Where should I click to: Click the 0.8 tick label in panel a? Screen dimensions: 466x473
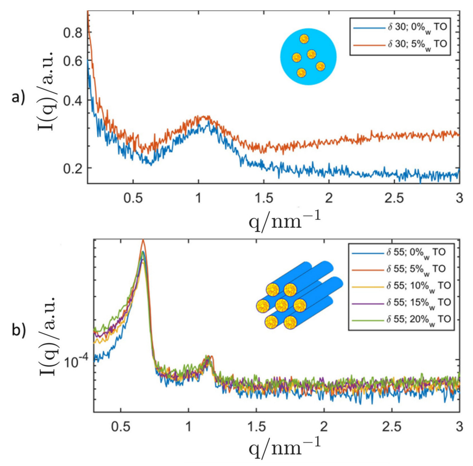tap(73, 33)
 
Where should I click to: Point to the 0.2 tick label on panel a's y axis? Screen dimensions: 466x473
tap(73, 168)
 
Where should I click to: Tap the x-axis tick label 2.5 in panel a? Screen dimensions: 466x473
tap(394, 198)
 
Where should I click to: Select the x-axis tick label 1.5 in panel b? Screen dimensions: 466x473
tap(257, 427)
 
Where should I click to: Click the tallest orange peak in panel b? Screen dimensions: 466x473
tap(143, 241)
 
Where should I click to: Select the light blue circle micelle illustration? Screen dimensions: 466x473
tap(308, 57)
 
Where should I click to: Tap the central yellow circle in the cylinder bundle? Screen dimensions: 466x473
tap(282, 305)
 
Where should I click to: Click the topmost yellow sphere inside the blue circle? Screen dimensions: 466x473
tap(304, 39)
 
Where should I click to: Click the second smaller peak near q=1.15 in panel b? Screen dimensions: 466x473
tap(209, 358)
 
